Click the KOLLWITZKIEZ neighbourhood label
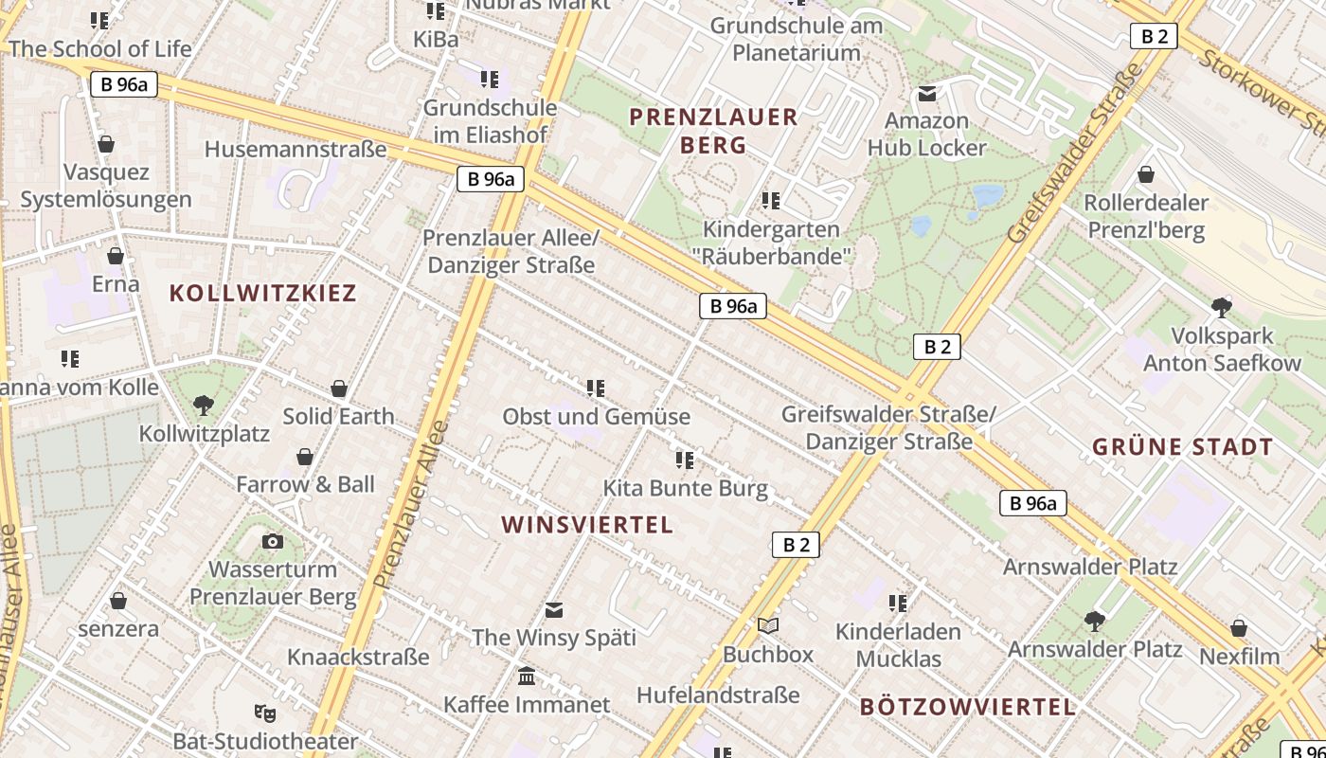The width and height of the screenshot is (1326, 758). (262, 293)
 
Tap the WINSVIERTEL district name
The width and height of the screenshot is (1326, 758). (586, 525)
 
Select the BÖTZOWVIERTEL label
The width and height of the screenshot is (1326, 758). (968, 707)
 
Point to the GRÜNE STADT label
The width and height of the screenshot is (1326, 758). (1182, 447)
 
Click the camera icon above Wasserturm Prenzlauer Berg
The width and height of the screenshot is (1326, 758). (273, 541)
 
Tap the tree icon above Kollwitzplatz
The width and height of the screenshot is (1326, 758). (203, 406)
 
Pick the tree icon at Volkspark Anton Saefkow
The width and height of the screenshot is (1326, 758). (1222, 307)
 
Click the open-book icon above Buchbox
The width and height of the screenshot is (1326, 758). (768, 625)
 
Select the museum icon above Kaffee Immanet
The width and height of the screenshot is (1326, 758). (527, 676)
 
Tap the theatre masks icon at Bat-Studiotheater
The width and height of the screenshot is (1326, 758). (264, 712)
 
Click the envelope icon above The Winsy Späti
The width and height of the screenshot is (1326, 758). (554, 608)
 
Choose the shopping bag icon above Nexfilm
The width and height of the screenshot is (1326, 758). (1239, 627)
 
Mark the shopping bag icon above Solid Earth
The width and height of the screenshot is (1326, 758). (339, 388)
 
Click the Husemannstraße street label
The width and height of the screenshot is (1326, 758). (296, 149)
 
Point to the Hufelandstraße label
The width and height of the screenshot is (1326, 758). (718, 695)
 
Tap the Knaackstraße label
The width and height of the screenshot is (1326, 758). (358, 657)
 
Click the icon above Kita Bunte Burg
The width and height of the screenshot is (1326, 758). (685, 460)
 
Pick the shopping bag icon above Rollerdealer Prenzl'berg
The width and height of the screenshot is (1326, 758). (1146, 174)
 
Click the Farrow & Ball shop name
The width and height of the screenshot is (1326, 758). (305, 484)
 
